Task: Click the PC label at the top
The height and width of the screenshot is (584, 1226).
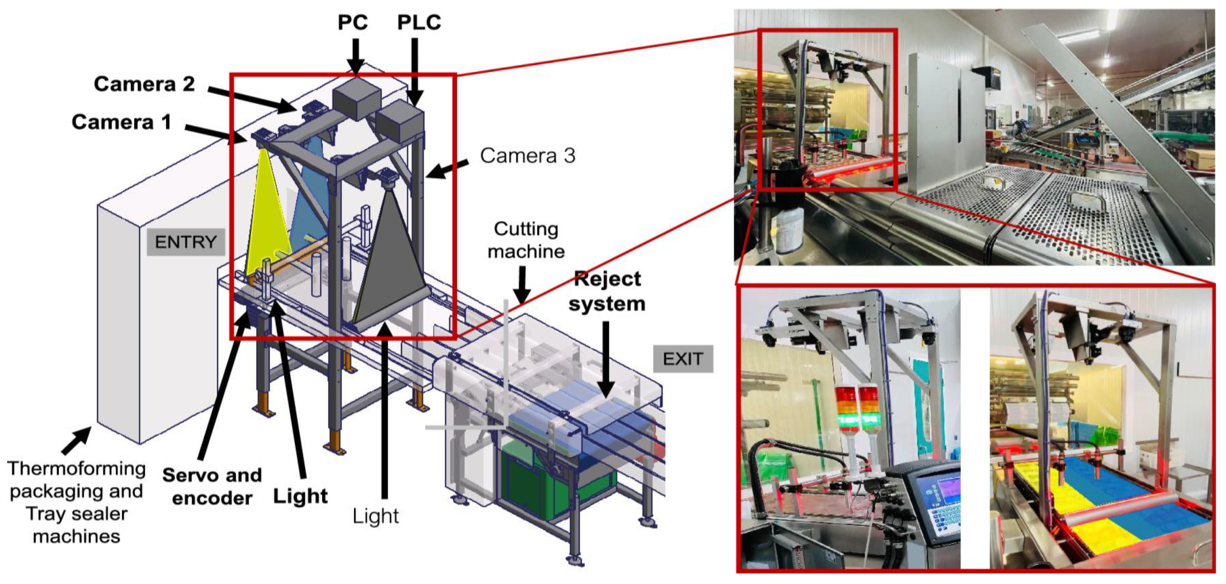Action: (x=353, y=23)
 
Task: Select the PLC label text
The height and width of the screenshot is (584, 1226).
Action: (x=419, y=23)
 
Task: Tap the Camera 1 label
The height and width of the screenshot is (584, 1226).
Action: (x=121, y=122)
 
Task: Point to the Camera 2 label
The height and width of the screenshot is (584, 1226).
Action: (x=144, y=84)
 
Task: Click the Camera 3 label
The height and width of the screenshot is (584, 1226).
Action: (x=527, y=156)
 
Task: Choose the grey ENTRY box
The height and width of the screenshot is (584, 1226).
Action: (x=186, y=242)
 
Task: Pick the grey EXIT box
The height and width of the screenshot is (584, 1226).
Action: (x=683, y=358)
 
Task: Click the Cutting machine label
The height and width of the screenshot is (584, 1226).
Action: (x=526, y=240)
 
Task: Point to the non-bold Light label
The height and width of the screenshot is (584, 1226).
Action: (x=375, y=516)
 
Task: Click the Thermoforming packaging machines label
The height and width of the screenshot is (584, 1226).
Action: (x=76, y=503)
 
